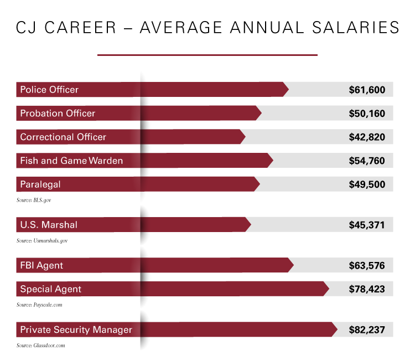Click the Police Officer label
coord(49,90)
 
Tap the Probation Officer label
coord(58,114)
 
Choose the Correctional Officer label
coord(63,137)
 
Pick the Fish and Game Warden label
coord(71,161)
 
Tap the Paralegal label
coord(40,184)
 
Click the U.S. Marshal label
coord(49,225)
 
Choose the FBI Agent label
coord(41,265)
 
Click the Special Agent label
coord(51,289)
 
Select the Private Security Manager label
coord(76,330)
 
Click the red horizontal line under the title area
coord(207,55)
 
